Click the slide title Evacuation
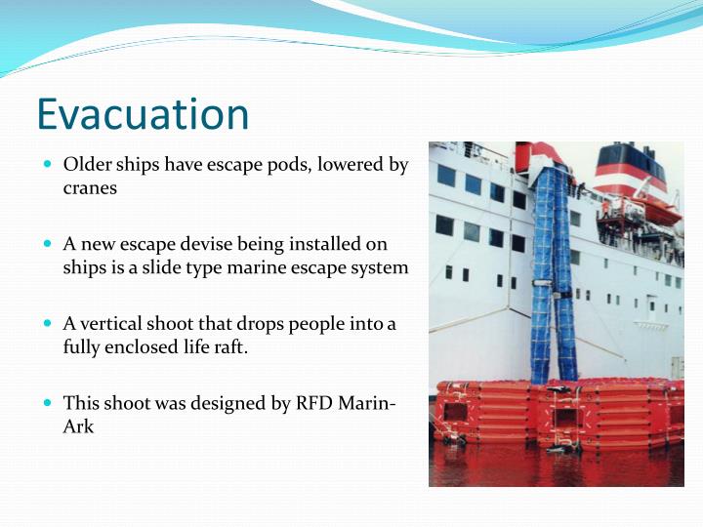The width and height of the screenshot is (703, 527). tap(143, 115)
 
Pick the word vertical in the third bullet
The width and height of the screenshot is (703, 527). tap(115, 323)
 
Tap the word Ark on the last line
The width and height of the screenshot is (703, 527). tap(78, 426)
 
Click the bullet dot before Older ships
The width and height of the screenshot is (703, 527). tap(49, 165)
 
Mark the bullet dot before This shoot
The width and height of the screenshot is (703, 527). tap(49, 402)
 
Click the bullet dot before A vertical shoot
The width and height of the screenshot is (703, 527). tap(49, 323)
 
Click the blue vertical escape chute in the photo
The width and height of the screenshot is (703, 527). tap(553, 273)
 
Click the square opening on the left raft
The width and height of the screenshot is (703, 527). tap(456, 411)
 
